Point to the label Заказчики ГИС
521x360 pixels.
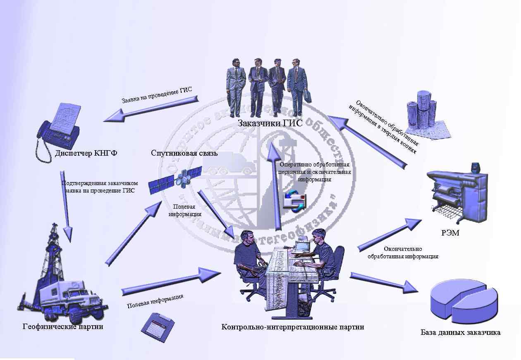pyautogui.click(x=270, y=123)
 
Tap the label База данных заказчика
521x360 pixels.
pyautogui.click(x=461, y=332)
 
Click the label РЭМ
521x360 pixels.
pyautogui.click(x=450, y=233)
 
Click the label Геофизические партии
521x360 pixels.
pyautogui.click(x=62, y=327)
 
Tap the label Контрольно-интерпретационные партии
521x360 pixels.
pyautogui.click(x=292, y=327)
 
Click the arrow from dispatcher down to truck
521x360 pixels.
pyautogui.click(x=67, y=205)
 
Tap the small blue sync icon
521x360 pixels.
pyautogui.click(x=294, y=201)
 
